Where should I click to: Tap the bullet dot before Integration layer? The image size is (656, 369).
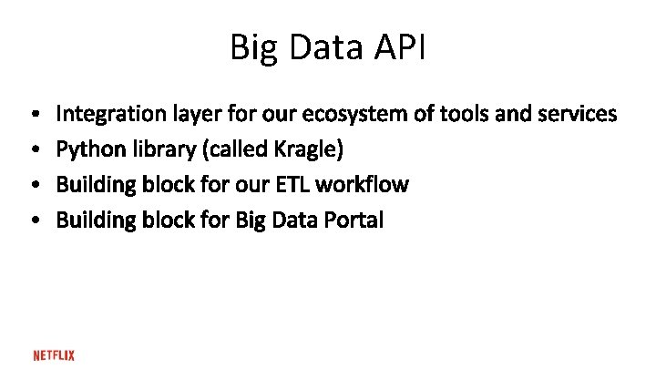pyautogui.click(x=33, y=115)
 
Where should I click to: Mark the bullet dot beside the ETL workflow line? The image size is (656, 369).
pyautogui.click(x=33, y=185)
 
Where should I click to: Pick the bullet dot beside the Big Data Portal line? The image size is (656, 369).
pyautogui.click(x=33, y=220)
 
